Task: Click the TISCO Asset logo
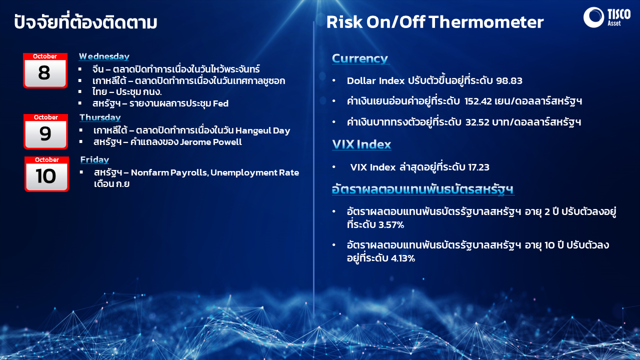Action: (607, 17)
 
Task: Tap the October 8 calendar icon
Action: (45, 70)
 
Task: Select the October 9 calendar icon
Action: (45, 131)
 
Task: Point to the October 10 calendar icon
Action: (46, 174)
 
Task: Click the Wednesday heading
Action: (104, 56)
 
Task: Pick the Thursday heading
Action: (100, 117)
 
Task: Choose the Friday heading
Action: (94, 159)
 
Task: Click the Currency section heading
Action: (360, 58)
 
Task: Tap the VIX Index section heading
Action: (361, 144)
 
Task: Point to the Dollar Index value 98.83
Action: (509, 80)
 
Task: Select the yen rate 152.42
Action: (478, 101)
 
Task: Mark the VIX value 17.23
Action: (478, 167)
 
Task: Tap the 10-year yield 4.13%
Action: (403, 258)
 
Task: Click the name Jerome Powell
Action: (211, 142)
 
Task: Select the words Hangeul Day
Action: (263, 130)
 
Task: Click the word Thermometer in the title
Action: (486, 22)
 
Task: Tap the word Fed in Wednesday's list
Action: (220, 103)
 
